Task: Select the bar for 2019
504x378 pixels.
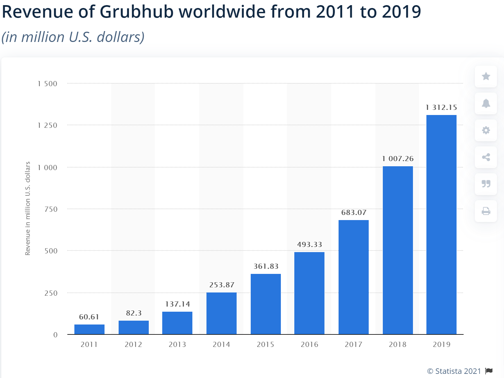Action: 441,224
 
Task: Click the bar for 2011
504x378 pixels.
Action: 89,329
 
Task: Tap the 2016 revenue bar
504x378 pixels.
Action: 309,293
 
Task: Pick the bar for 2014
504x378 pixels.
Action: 221,313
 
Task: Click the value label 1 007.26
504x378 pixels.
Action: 398,159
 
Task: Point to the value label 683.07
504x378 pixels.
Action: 354,212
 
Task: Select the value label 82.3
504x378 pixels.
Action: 134,313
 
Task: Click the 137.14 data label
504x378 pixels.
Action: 177,304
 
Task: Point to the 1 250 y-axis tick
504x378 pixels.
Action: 47,125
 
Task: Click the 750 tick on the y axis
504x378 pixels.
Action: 51,209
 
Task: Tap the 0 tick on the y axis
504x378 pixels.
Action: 55,335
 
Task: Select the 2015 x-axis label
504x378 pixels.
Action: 265,344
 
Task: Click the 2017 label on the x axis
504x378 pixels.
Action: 353,344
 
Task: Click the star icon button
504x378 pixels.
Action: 486,76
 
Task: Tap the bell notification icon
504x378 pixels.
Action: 486,103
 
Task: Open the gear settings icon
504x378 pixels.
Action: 486,130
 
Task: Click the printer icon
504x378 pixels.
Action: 486,211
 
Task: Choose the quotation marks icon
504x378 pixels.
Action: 486,184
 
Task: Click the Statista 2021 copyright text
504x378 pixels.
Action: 454,371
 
